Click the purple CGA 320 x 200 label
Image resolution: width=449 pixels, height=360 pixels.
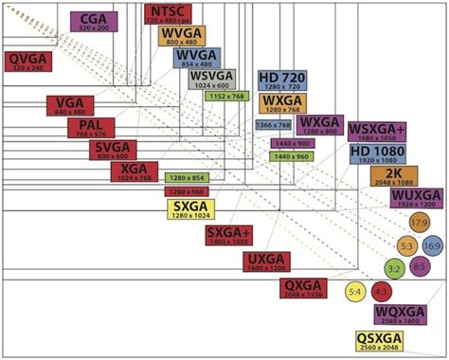(94, 20)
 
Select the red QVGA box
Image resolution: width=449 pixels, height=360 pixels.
(28, 63)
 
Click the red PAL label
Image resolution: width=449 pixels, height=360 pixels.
(91, 129)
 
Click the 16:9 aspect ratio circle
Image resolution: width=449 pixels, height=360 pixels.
(432, 246)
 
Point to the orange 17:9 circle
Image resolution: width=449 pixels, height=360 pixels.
(419, 223)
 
